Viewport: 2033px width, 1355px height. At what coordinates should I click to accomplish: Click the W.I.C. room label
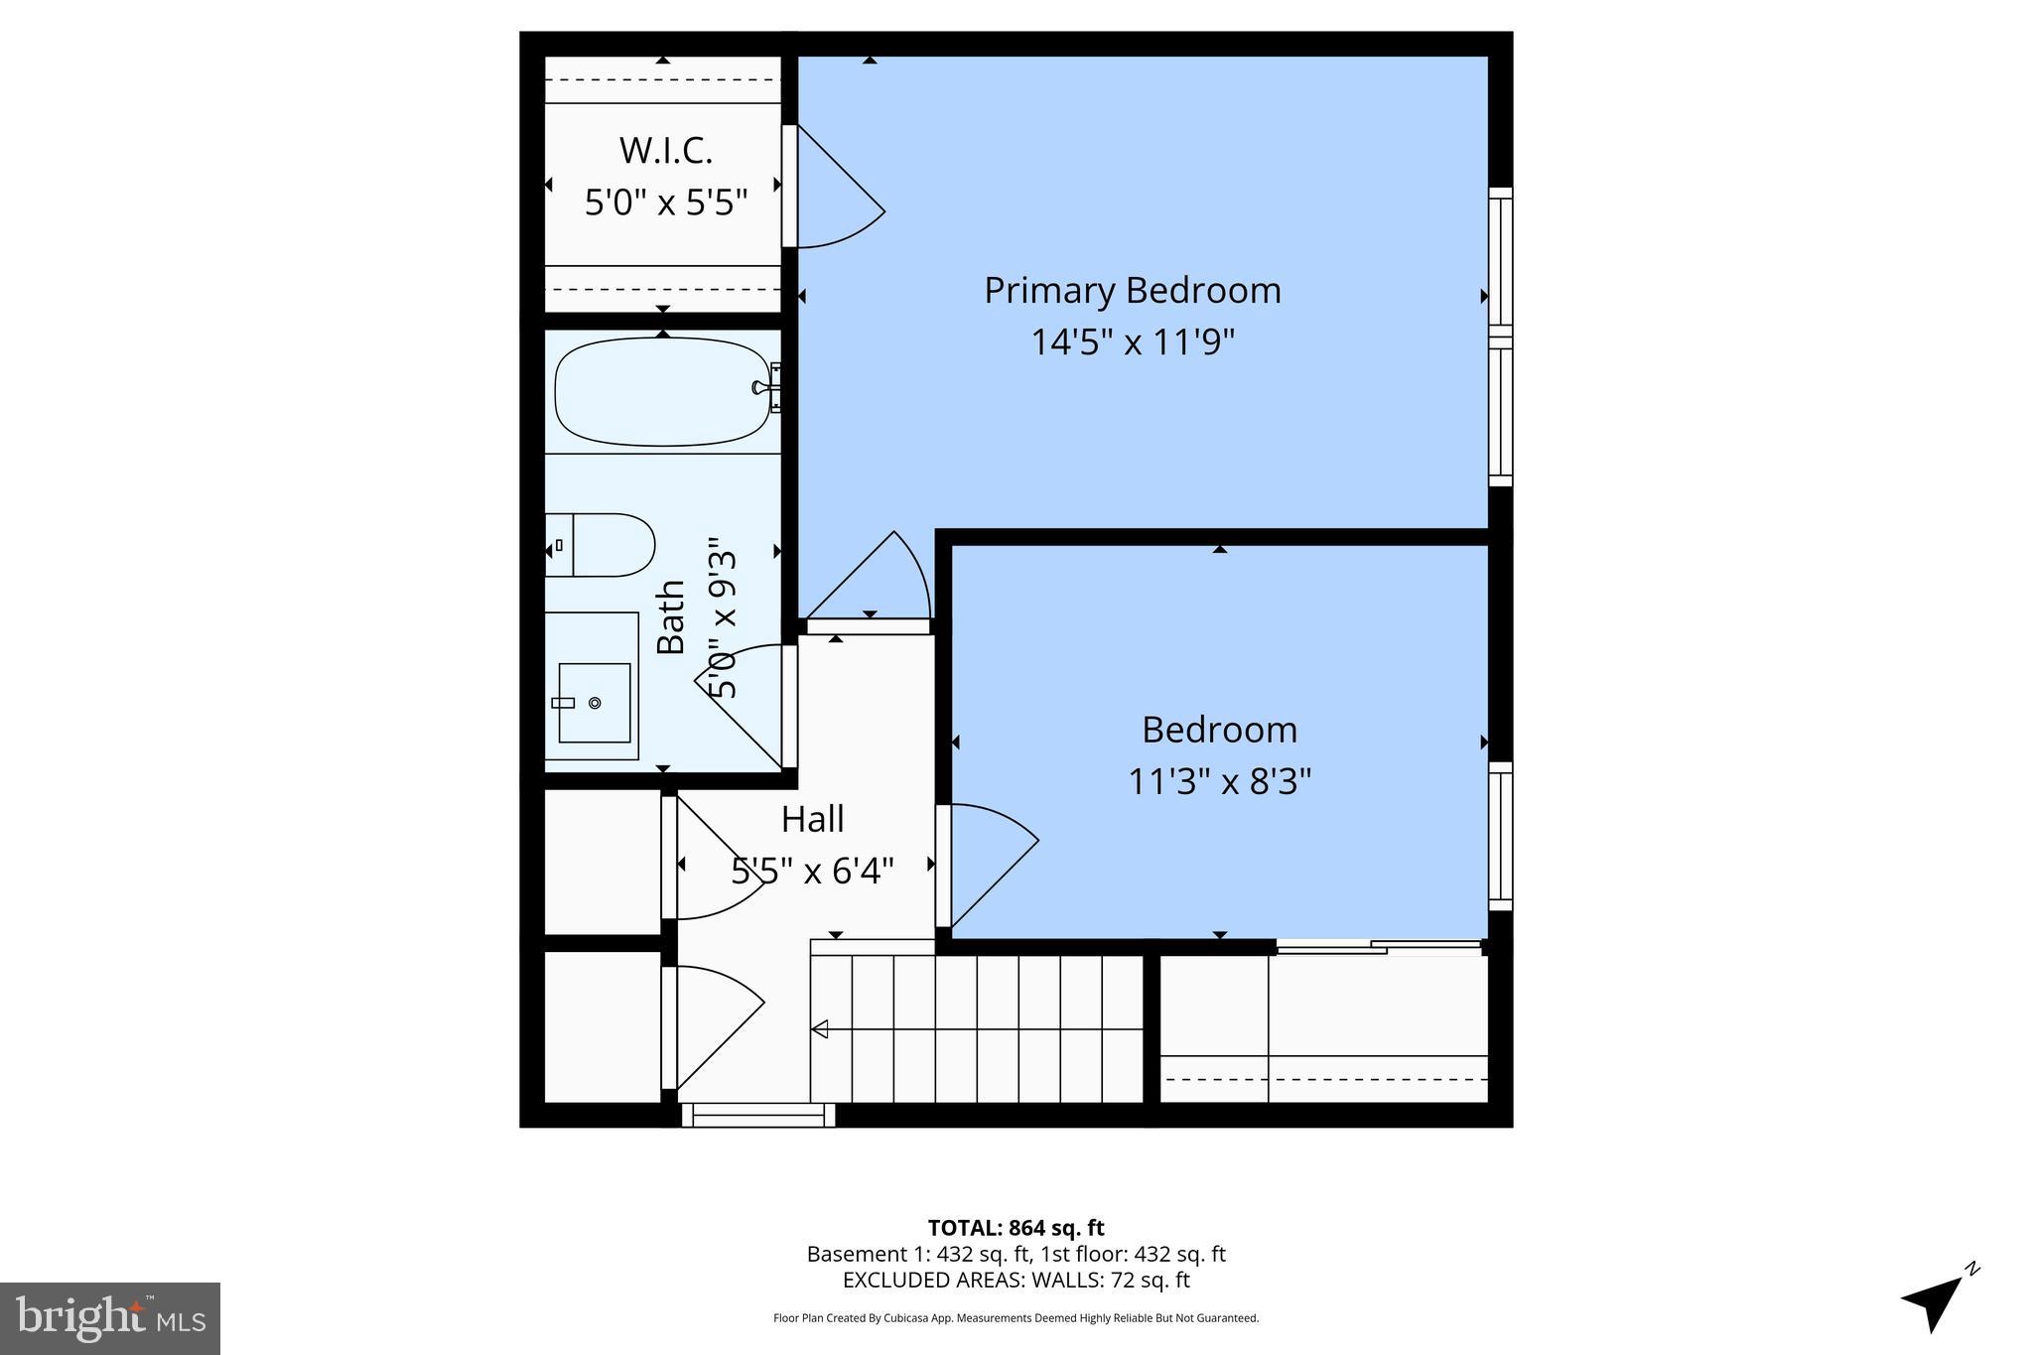[665, 151]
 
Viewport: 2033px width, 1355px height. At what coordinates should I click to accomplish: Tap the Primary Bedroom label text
[1132, 291]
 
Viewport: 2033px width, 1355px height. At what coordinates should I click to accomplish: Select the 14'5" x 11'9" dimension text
[1132, 343]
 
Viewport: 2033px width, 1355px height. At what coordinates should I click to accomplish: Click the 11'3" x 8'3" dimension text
[1219, 782]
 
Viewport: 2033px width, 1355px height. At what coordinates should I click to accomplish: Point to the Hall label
[812, 820]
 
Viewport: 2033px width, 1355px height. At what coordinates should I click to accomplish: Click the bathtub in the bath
[660, 391]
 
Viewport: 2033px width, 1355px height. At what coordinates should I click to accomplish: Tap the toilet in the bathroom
[606, 545]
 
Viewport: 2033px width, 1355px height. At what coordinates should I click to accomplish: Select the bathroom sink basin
[594, 702]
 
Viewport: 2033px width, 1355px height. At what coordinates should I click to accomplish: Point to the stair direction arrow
[820, 1029]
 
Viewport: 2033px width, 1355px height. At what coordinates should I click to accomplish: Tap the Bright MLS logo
[110, 1318]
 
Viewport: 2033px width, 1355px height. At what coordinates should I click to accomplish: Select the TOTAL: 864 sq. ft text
[1016, 1228]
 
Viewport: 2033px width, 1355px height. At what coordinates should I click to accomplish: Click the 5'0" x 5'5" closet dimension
[665, 203]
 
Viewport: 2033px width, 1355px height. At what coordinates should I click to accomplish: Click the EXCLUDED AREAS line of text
[1016, 1281]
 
